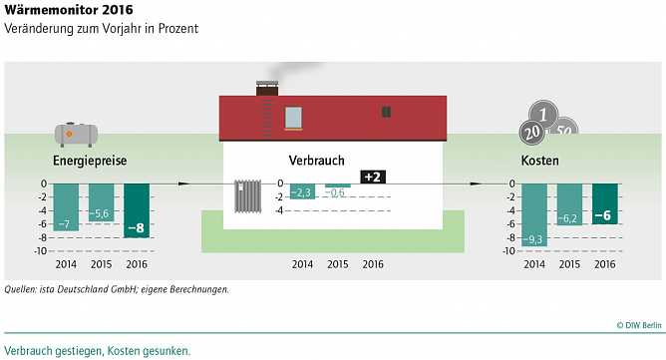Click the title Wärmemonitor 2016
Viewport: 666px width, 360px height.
click(x=69, y=11)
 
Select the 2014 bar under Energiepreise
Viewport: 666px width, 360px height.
click(x=67, y=206)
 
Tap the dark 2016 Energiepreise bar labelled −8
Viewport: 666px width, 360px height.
click(x=136, y=210)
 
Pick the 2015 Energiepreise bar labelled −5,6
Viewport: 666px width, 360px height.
click(x=101, y=202)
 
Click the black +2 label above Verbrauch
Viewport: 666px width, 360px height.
click(x=373, y=177)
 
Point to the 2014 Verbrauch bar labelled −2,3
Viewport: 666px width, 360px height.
click(x=303, y=191)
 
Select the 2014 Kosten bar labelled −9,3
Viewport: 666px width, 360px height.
click(x=533, y=214)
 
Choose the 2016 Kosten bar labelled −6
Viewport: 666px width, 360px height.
click(x=604, y=203)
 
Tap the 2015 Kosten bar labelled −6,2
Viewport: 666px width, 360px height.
click(x=569, y=204)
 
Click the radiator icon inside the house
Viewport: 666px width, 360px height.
click(x=247, y=195)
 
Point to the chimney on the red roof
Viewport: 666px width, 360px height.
click(x=268, y=89)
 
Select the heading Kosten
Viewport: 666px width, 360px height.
click(x=539, y=161)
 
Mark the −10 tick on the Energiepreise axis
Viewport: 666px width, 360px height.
click(x=41, y=250)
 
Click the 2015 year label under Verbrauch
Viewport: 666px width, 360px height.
click(x=338, y=264)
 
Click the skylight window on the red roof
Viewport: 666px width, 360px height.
click(x=294, y=118)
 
